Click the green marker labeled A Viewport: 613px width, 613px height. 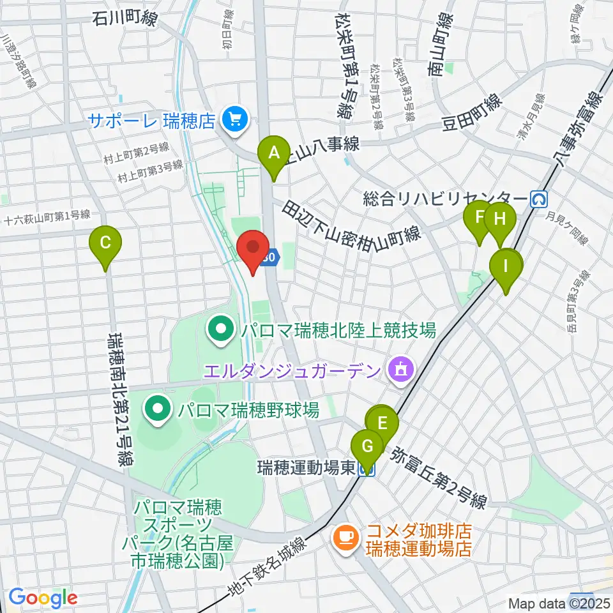pos(273,155)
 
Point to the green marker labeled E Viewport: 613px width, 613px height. pos(382,424)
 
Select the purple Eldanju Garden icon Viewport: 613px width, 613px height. pos(400,370)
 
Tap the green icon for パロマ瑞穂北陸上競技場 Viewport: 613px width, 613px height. pos(221,330)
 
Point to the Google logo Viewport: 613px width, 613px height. pos(42,598)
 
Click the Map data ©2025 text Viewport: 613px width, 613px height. pos(559,603)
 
